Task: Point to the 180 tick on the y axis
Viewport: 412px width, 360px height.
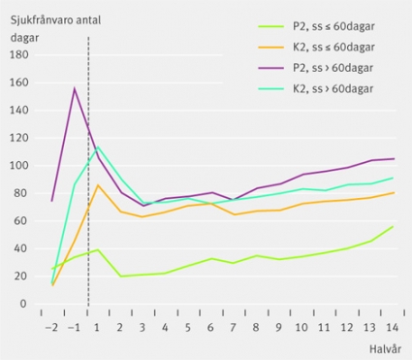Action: click(x=19, y=54)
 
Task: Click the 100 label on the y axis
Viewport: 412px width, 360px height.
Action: click(x=19, y=165)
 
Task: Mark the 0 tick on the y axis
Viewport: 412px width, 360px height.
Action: click(x=24, y=304)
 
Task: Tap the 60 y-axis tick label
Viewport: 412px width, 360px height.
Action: click(x=21, y=220)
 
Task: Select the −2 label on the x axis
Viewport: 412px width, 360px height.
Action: click(x=51, y=328)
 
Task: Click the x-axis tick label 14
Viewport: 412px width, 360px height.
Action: click(x=393, y=328)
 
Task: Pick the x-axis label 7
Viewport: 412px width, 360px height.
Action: click(x=233, y=328)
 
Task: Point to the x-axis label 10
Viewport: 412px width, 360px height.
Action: click(x=301, y=328)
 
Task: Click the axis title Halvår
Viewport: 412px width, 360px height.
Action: click(x=385, y=349)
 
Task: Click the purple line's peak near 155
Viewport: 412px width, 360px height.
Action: click(x=75, y=88)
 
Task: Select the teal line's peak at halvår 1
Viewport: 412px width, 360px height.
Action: click(x=98, y=147)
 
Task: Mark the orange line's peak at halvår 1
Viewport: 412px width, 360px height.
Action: click(x=98, y=185)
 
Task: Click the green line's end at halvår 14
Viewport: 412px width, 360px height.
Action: click(x=393, y=226)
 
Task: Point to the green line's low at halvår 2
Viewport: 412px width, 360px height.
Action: click(x=120, y=277)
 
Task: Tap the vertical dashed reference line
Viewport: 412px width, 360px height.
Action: click(x=88, y=172)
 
